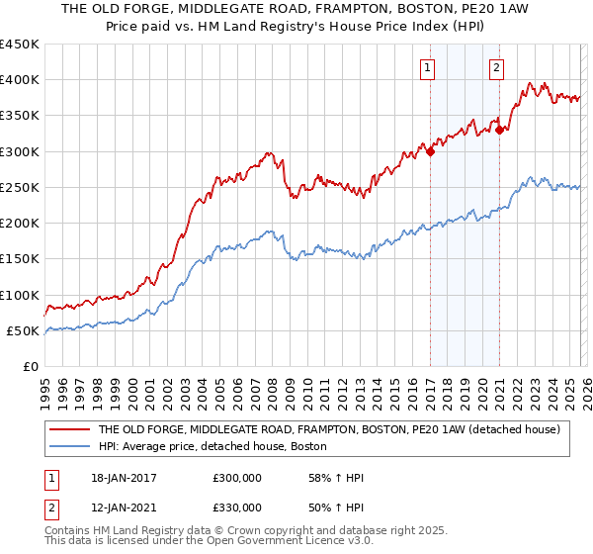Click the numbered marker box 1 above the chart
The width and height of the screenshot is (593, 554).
coord(427,68)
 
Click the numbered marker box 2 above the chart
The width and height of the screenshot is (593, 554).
coord(495,68)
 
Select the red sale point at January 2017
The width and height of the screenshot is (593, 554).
coord(431,151)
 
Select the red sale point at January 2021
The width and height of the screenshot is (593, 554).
coord(500,130)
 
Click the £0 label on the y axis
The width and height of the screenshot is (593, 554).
coord(31,367)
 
